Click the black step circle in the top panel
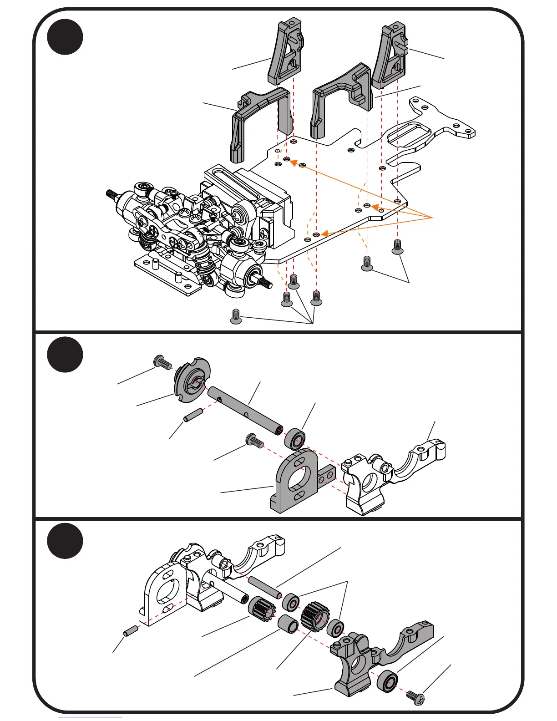65,37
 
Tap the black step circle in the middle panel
65,355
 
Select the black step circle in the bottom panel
65,541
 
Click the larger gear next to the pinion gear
313,616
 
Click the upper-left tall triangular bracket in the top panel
285,52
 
